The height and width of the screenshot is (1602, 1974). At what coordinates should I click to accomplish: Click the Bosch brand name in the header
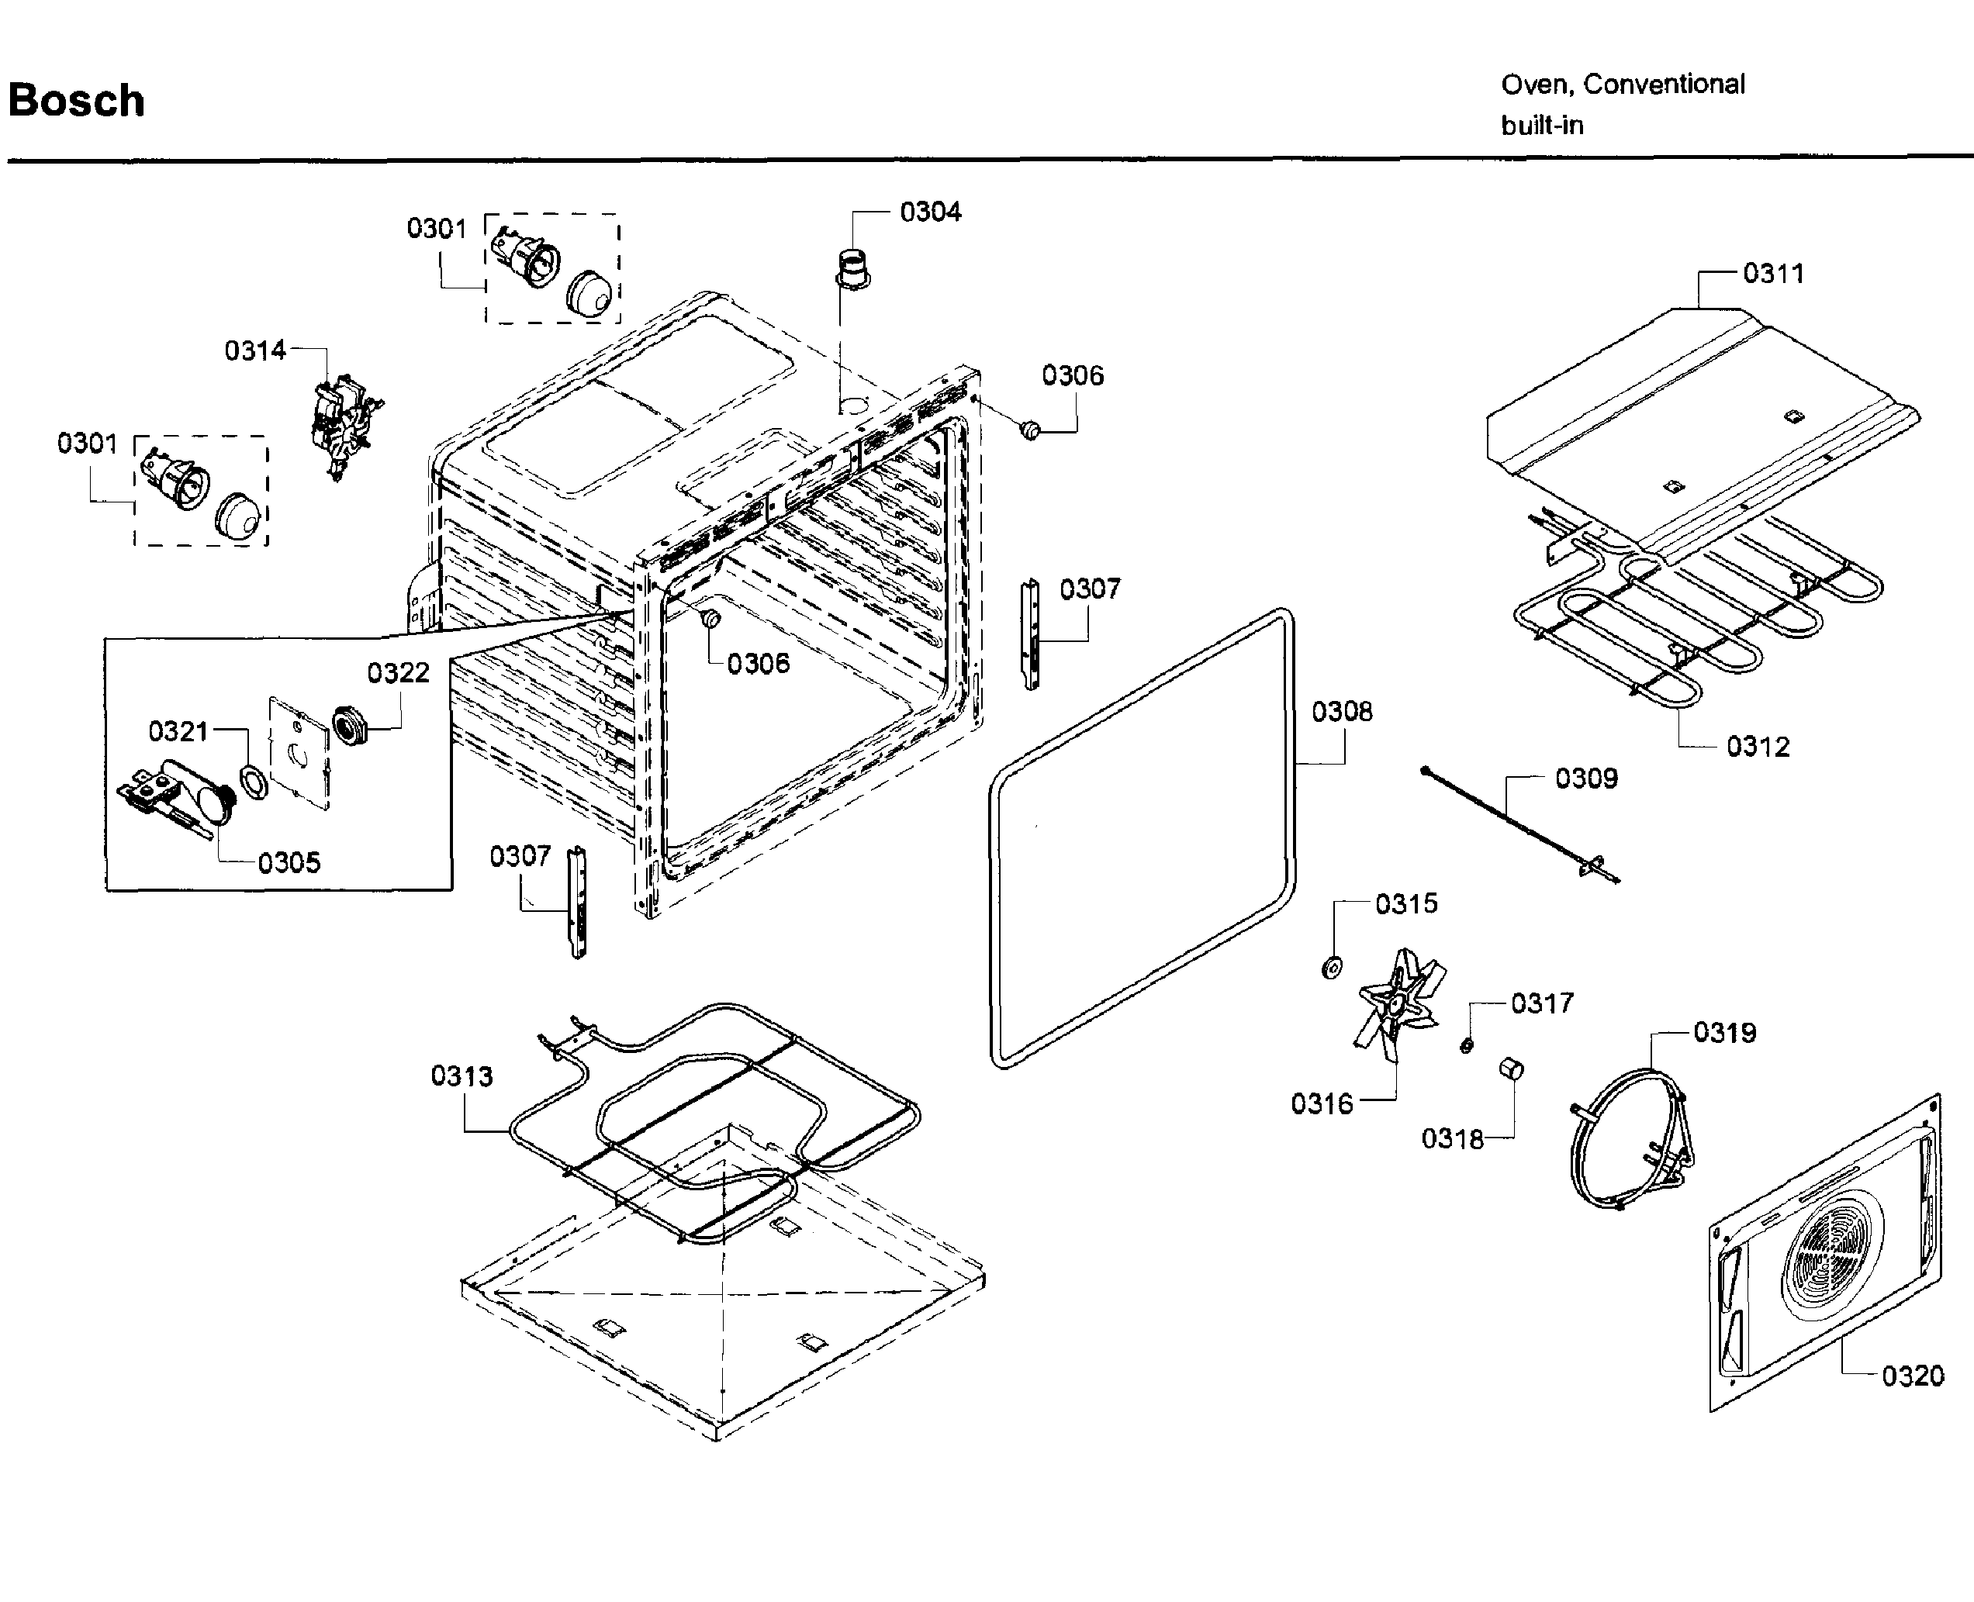point(76,101)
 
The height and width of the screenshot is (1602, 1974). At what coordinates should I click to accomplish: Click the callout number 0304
point(929,212)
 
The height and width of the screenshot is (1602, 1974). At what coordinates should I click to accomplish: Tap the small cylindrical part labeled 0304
point(852,268)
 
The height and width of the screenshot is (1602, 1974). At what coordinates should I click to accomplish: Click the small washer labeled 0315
point(1331,968)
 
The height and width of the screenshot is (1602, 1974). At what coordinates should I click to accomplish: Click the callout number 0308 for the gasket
point(1341,712)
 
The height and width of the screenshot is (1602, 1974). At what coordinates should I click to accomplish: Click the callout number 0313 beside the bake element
point(462,1076)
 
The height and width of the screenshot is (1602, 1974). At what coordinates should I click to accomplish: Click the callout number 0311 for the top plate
point(1773,273)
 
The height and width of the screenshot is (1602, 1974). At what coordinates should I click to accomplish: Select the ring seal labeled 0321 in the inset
point(253,782)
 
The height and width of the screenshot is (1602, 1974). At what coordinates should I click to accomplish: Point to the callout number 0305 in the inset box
point(289,863)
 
